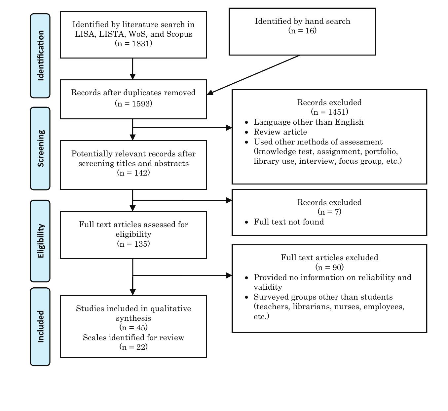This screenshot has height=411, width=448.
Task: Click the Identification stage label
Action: click(x=40, y=56)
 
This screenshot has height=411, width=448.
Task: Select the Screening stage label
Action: click(x=40, y=148)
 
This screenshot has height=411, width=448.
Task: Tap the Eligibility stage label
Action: click(x=40, y=241)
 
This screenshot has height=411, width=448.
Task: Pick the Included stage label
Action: click(x=40, y=327)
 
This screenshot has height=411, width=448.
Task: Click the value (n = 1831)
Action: click(x=133, y=43)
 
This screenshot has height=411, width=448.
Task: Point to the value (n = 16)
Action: click(x=302, y=30)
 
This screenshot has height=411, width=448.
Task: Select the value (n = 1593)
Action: click(x=133, y=103)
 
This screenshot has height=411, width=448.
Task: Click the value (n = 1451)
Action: click(x=329, y=112)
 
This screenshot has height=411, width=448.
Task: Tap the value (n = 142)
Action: click(x=133, y=173)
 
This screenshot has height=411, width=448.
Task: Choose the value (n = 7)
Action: click(x=329, y=212)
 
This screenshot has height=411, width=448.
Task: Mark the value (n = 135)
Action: click(x=133, y=244)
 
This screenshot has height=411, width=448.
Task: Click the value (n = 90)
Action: click(x=329, y=267)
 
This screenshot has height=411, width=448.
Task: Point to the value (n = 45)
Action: click(x=133, y=327)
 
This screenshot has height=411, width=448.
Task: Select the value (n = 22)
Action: click(x=133, y=347)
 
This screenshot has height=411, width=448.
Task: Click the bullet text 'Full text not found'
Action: click(x=289, y=222)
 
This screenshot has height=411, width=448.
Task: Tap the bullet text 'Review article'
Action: click(x=280, y=132)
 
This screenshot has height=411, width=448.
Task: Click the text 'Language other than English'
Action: click(x=309, y=122)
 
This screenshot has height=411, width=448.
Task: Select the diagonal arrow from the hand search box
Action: click(x=254, y=74)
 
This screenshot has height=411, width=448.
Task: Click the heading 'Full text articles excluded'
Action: click(x=329, y=258)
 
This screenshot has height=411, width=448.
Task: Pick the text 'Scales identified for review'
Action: click(x=133, y=338)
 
